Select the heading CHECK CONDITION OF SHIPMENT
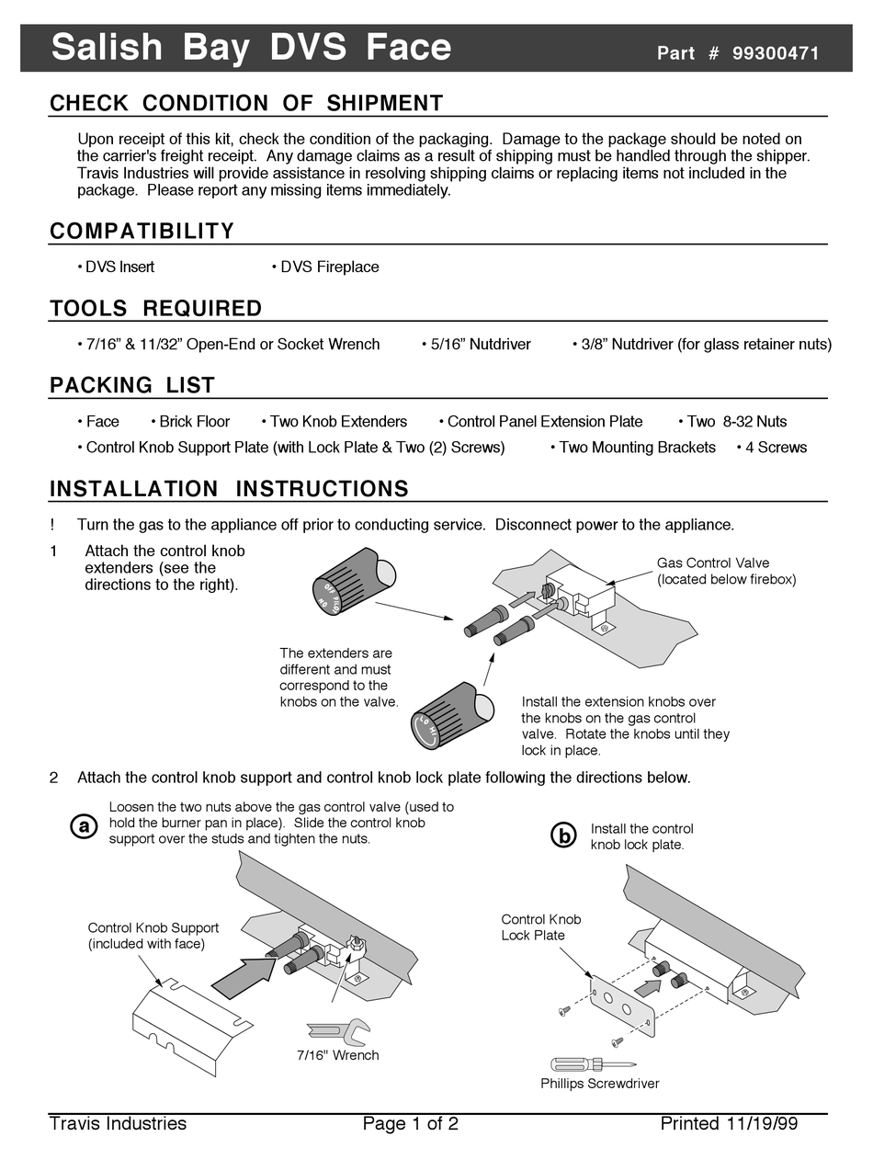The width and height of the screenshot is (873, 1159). (x=246, y=103)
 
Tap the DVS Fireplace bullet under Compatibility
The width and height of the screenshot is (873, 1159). (x=326, y=267)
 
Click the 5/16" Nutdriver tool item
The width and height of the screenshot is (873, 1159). (x=477, y=345)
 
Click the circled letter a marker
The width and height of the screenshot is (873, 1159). (x=84, y=826)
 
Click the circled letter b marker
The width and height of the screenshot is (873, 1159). (x=562, y=835)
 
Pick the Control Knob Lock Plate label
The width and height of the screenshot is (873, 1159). (x=540, y=927)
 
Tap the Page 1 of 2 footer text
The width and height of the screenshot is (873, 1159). (x=410, y=1124)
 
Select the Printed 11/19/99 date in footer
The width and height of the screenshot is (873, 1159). (x=728, y=1124)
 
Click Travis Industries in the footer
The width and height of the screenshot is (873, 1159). (x=118, y=1124)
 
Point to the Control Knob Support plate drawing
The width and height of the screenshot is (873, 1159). (x=188, y=1023)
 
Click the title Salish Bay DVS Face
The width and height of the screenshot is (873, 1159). (x=251, y=48)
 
